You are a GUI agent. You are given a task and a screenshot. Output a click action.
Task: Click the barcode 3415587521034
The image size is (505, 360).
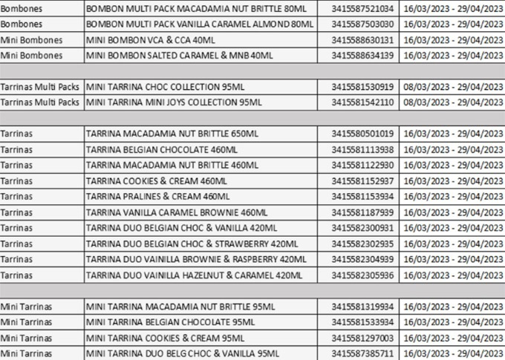tap(362, 7)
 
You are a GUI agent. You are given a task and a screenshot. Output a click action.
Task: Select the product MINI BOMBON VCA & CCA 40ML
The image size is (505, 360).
tap(153, 39)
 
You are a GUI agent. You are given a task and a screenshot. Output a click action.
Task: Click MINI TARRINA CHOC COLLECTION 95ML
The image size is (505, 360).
tap(165, 86)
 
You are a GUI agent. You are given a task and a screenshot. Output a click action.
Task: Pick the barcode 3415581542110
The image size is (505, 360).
tap(362, 102)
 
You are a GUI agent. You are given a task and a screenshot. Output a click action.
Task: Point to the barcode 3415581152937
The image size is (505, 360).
tap(362, 180)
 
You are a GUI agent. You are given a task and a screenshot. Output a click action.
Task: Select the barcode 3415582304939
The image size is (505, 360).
tap(362, 258)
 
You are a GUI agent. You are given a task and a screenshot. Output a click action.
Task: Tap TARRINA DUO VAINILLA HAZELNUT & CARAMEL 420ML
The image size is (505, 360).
tap(195, 275)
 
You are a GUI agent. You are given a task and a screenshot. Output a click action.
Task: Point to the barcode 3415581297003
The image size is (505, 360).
tap(362, 337)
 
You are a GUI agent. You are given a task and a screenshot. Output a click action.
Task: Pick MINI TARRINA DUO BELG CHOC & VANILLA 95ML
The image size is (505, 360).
tap(183, 353)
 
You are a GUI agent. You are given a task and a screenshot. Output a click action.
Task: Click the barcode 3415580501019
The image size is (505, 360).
tap(362, 134)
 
